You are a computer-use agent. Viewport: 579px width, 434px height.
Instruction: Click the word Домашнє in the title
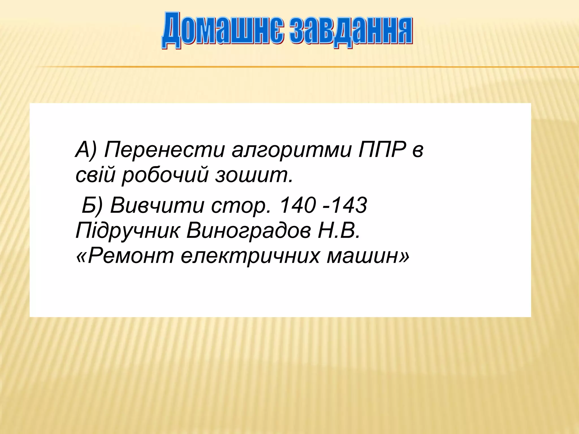tap(223, 30)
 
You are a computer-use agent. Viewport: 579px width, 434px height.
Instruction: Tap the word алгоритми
tap(291, 150)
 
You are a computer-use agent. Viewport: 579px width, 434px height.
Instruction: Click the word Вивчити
tap(157, 205)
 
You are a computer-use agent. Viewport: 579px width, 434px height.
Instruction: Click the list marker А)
tap(86, 150)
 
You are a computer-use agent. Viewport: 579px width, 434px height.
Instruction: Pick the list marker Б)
tap(92, 205)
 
